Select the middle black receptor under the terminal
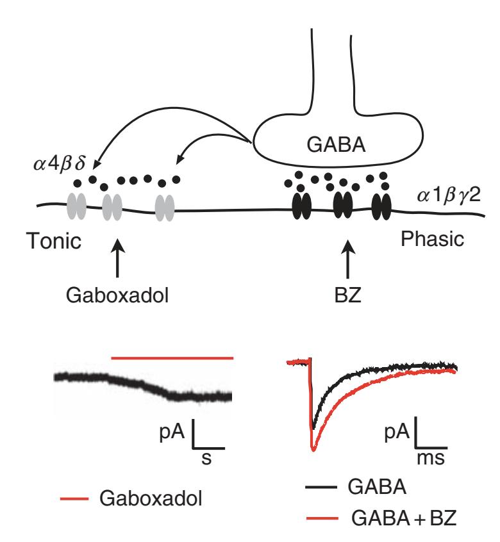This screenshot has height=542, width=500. point(343,206)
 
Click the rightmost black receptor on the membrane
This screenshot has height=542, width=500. point(382,206)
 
